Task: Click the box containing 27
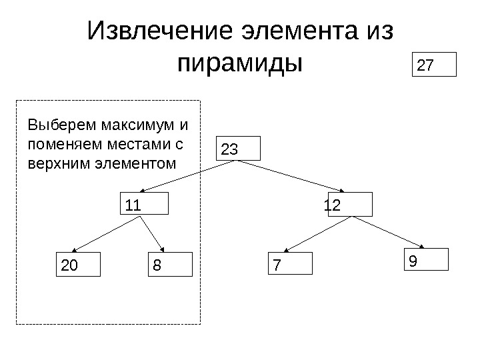click(x=437, y=66)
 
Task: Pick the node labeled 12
click(x=346, y=205)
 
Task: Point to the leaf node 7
click(x=290, y=264)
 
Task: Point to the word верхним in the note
click(x=55, y=162)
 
